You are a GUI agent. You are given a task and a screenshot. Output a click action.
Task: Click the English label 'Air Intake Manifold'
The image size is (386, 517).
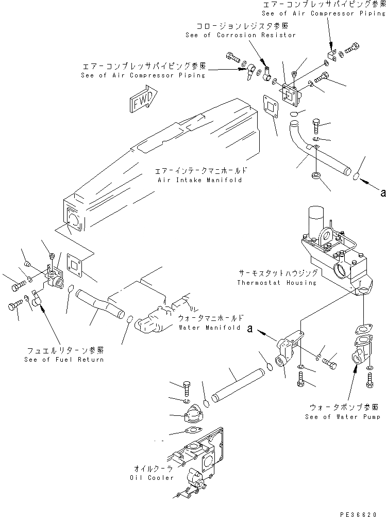click(x=205, y=180)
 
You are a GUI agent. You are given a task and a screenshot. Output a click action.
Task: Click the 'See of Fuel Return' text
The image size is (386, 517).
click(x=64, y=359)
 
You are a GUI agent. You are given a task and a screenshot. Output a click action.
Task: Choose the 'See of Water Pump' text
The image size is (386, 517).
click(x=343, y=416)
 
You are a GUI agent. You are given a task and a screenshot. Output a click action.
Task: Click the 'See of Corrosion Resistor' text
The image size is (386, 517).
click(x=241, y=35)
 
